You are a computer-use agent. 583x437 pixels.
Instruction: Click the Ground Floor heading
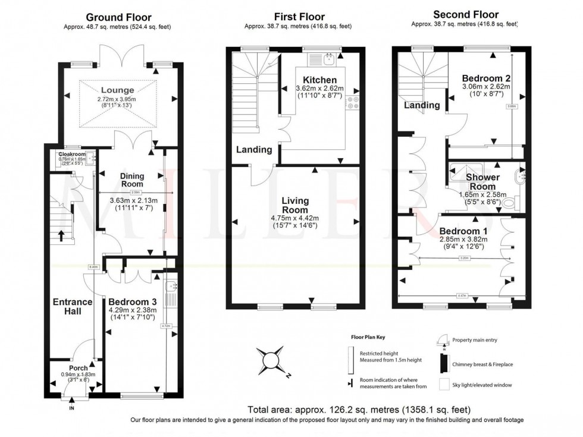[118, 17]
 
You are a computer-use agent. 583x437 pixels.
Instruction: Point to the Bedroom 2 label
[486, 78]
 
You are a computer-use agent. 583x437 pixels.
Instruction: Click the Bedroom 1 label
[463, 231]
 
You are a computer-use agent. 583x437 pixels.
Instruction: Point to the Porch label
[78, 367]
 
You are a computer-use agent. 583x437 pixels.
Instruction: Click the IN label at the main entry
[72, 408]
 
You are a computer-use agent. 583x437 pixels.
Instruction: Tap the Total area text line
[359, 410]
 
